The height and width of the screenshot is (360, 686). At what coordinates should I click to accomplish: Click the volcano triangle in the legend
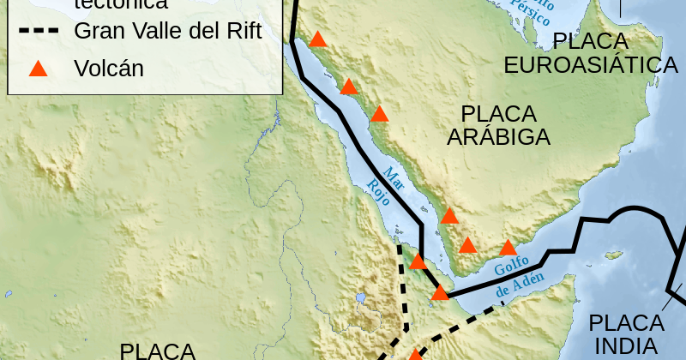(38, 69)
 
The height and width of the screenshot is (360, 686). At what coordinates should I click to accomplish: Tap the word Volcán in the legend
(109, 69)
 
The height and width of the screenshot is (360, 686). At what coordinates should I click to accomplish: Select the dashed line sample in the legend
(39, 32)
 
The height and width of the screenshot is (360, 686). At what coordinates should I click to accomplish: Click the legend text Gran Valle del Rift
(167, 32)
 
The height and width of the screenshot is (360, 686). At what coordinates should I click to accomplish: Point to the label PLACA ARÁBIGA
(497, 125)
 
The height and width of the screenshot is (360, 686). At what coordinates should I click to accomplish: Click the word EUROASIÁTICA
(591, 65)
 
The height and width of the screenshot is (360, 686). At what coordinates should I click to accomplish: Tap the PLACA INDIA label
(626, 334)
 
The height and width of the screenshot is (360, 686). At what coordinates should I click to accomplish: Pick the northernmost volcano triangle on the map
(318, 39)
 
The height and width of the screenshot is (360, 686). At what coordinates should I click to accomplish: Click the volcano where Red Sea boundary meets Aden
(440, 293)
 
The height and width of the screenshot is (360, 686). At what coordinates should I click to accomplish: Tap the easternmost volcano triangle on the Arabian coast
(508, 249)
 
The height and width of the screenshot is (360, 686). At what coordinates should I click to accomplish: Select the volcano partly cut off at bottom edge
(415, 355)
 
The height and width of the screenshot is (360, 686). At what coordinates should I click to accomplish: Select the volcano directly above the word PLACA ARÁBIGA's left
(379, 113)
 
